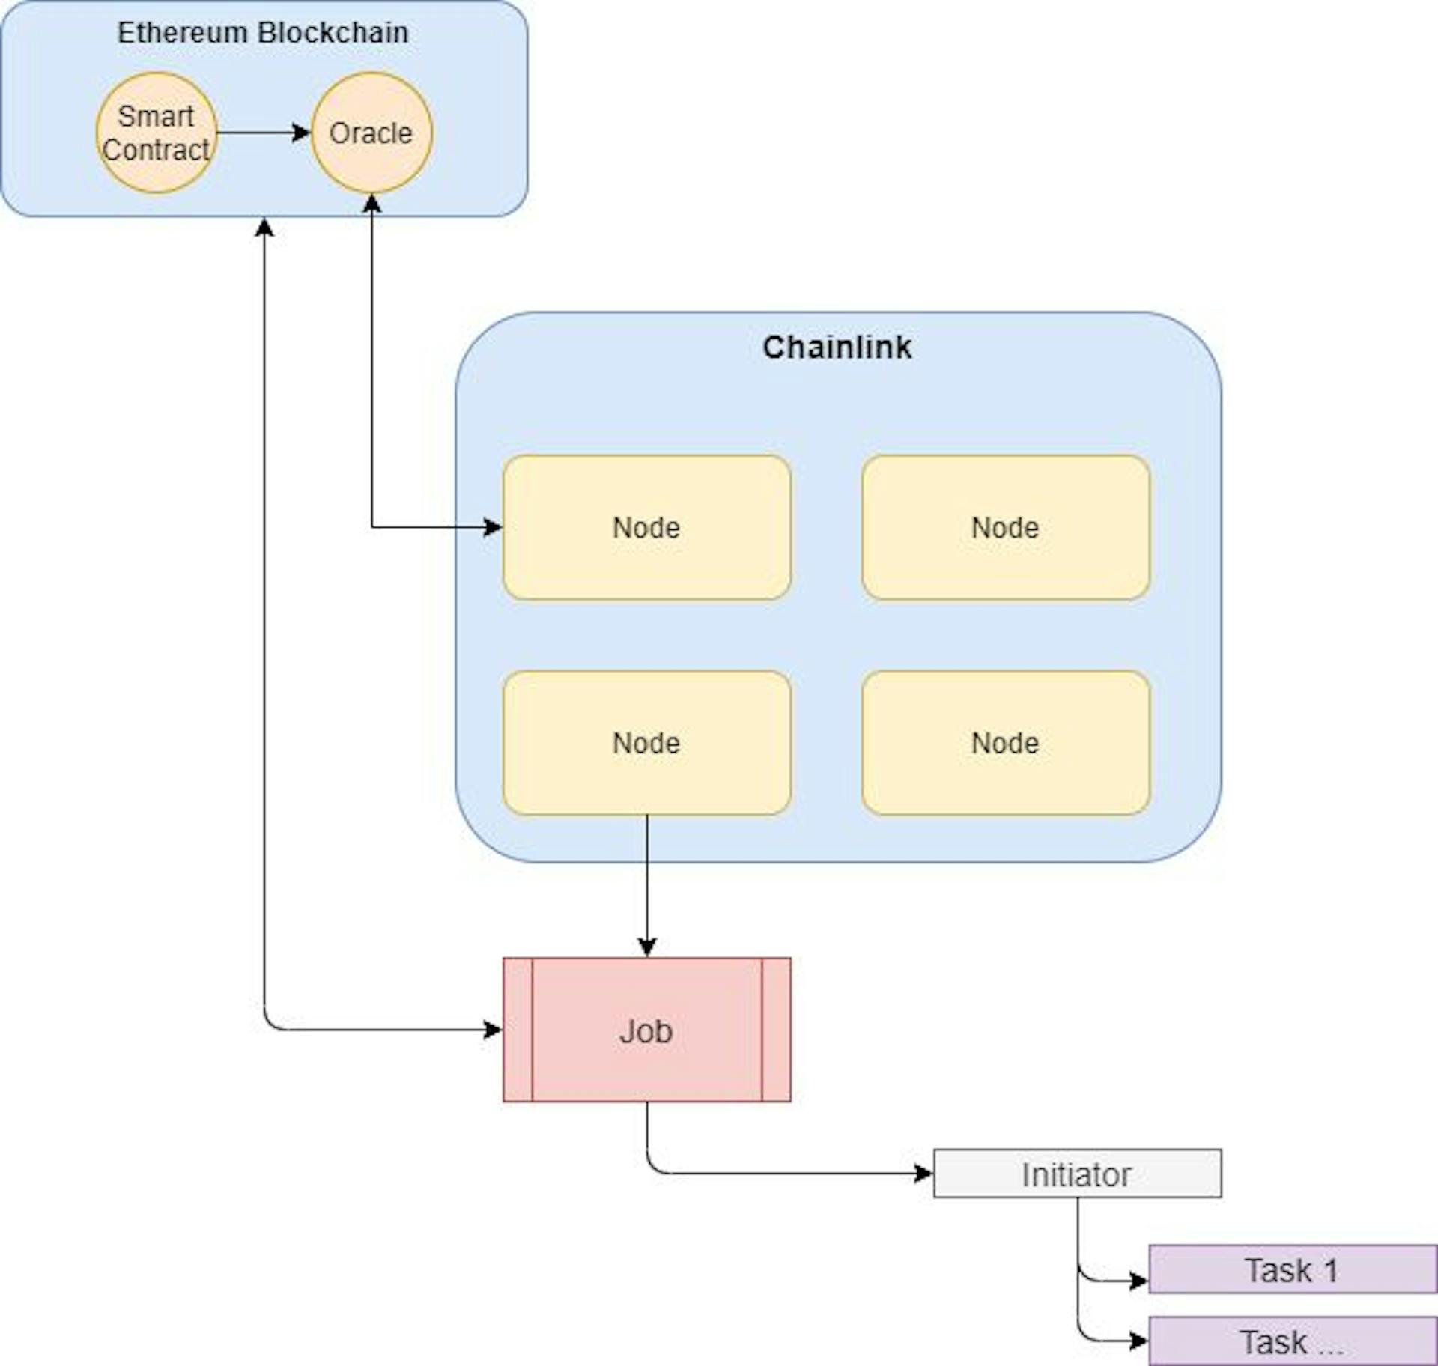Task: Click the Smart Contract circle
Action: click(157, 133)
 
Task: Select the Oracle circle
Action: click(371, 133)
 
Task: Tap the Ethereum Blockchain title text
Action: click(263, 33)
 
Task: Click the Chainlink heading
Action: click(837, 347)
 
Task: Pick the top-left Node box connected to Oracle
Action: click(646, 528)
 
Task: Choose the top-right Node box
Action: click(1005, 528)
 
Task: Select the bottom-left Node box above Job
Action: click(646, 743)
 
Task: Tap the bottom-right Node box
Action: click(1005, 743)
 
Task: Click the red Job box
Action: click(646, 1030)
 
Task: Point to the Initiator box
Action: click(1077, 1174)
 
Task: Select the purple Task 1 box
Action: click(1292, 1270)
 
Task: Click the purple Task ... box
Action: click(1292, 1341)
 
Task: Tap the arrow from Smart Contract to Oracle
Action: click(262, 133)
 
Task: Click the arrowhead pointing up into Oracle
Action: click(372, 203)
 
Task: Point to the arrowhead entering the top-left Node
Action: click(494, 528)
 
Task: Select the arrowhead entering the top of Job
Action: click(647, 947)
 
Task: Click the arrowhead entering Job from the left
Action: click(494, 1030)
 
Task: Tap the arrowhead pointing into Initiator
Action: click(924, 1174)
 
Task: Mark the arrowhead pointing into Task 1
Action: click(1139, 1281)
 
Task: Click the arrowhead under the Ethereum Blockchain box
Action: click(264, 227)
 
